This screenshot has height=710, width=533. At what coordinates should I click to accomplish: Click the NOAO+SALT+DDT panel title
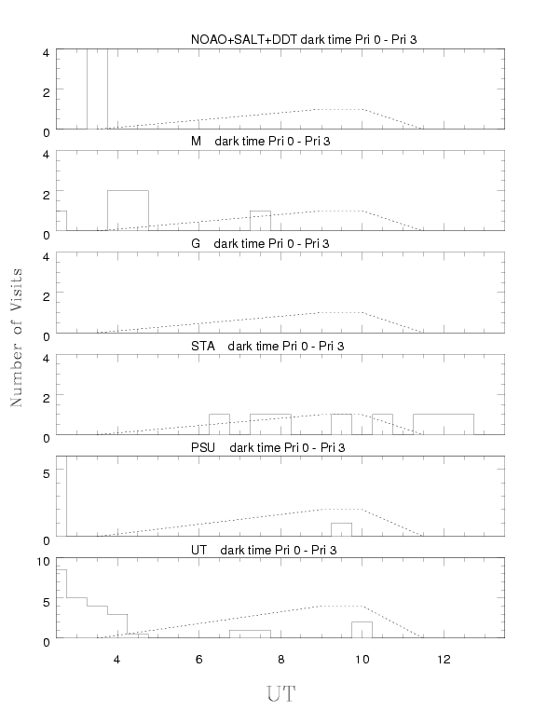pyautogui.click(x=304, y=40)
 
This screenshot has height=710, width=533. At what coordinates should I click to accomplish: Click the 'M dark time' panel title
pyautogui.click(x=260, y=142)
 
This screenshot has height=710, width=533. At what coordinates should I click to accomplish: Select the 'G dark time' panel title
pyautogui.click(x=260, y=243)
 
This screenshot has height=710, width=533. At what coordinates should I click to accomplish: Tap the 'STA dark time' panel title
pyautogui.click(x=267, y=346)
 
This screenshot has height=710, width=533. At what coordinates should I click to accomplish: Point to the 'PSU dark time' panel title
pyautogui.click(x=267, y=447)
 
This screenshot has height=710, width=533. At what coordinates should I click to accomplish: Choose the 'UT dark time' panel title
pyautogui.click(x=264, y=550)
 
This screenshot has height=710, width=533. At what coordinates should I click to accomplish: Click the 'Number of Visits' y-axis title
pyautogui.click(x=16, y=337)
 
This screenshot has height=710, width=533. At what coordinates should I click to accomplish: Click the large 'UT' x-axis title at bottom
pyautogui.click(x=280, y=694)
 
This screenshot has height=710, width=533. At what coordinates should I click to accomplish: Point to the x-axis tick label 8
pyautogui.click(x=280, y=660)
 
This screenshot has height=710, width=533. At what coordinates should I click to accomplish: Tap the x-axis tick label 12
pyautogui.click(x=444, y=660)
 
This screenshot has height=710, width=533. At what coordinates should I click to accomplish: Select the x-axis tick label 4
pyautogui.click(x=116, y=660)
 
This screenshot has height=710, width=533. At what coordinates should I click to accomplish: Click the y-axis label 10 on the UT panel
pyautogui.click(x=43, y=562)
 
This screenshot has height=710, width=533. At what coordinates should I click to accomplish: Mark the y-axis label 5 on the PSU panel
pyautogui.click(x=46, y=473)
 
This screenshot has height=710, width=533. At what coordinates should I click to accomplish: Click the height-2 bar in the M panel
pyautogui.click(x=128, y=191)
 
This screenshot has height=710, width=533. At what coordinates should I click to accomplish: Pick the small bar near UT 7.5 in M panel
pyautogui.click(x=260, y=211)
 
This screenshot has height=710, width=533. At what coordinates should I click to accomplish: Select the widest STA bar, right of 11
pyautogui.click(x=444, y=415)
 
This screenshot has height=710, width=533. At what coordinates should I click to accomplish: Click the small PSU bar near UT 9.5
pyautogui.click(x=341, y=524)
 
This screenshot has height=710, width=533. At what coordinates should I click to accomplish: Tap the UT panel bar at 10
pyautogui.click(x=362, y=622)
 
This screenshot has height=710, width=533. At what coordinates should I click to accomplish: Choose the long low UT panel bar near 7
pyautogui.click(x=250, y=630)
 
